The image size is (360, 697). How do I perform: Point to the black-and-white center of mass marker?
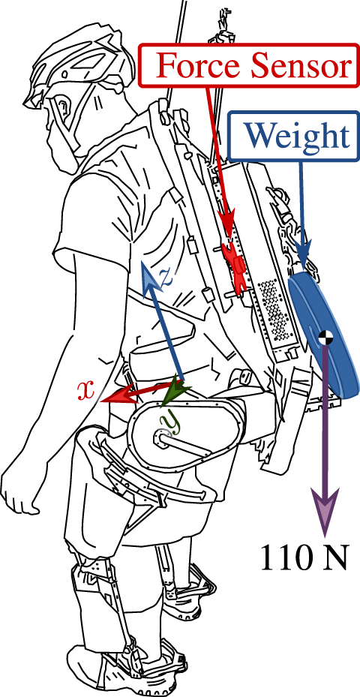(x=325, y=338)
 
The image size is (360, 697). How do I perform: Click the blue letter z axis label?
(x=166, y=275)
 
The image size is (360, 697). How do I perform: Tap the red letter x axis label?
(x=88, y=389)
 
